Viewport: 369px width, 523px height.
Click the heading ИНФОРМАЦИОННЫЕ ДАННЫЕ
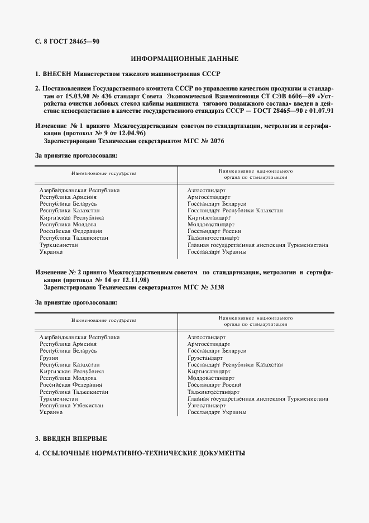pyautogui.click(x=184, y=59)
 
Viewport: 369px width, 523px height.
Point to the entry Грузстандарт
pyautogui.click(x=205, y=358)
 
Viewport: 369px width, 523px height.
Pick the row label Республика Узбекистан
pyautogui.click(x=71, y=405)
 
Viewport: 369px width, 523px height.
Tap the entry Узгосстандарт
pyautogui.click(x=207, y=405)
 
